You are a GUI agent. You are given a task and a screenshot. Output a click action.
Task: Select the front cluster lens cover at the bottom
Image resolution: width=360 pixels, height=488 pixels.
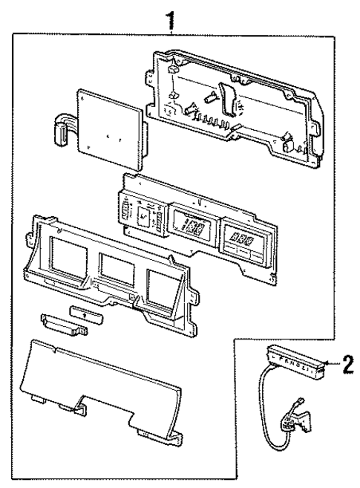click(x=104, y=386)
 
